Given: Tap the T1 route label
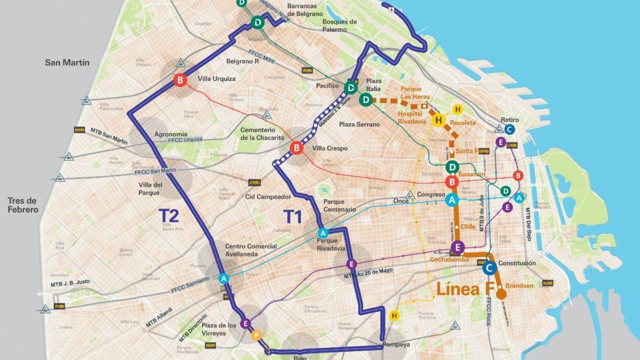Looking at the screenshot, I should click(x=292, y=217).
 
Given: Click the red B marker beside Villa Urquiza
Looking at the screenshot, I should click(x=180, y=81).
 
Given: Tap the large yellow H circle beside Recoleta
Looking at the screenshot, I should click(x=439, y=121).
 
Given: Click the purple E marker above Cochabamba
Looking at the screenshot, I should click(x=457, y=247).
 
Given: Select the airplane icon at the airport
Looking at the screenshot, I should click(x=393, y=10).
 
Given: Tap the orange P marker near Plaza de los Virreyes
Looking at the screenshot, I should click(x=256, y=335).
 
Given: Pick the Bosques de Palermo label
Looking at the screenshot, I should click(x=339, y=26).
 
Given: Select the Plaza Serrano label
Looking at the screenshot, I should click(x=359, y=124).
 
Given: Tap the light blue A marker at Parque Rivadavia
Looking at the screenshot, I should click(x=323, y=233).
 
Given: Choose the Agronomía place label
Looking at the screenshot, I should click(x=170, y=134).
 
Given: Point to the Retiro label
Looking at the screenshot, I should click(x=510, y=119).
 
